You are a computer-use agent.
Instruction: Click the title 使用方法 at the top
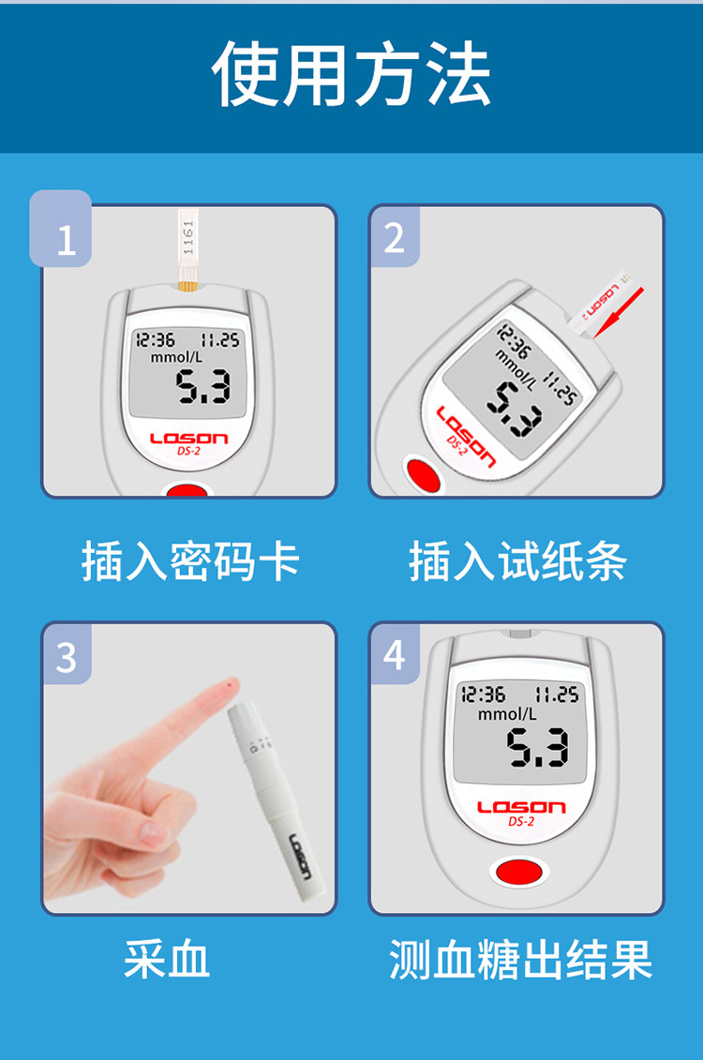[351, 73]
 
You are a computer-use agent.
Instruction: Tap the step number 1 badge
[61, 229]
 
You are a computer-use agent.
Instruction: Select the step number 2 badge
[394, 236]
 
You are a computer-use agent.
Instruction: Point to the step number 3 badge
[67, 654]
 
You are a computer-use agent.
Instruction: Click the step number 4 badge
[394, 653]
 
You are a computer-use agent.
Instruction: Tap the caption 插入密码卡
[190, 561]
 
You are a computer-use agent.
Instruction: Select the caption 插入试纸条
[517, 561]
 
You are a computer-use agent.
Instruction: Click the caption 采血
[166, 959]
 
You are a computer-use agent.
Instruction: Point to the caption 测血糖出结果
[520, 959]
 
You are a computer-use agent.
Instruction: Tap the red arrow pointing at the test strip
[618, 312]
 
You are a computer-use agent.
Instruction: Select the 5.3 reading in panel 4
[537, 747]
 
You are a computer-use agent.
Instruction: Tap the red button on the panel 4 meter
[518, 872]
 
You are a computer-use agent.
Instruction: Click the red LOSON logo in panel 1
[188, 439]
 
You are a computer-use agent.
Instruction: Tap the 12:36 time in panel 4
[483, 694]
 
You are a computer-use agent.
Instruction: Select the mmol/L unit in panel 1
[176, 357]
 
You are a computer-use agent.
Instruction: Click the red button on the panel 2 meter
[423, 474]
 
